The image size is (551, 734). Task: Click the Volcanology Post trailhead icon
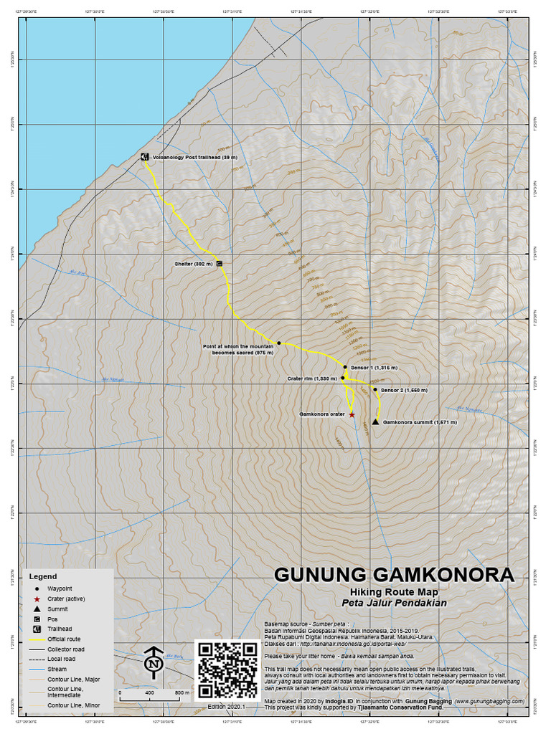pos(144,157)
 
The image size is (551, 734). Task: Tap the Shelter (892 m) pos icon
pos(219,264)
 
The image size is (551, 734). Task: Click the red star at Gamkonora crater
pos(352,414)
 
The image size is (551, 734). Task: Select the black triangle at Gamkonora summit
pos(375,422)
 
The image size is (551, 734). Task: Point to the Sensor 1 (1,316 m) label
pos(374,367)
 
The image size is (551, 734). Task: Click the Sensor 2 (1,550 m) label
pos(404,391)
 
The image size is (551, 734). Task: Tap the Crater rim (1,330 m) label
pos(312,378)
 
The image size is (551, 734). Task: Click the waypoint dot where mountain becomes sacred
pos(279,343)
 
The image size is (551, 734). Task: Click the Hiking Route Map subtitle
pos(394,592)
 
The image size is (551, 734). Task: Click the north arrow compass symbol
pos(153,663)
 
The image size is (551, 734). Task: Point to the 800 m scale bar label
pos(182,693)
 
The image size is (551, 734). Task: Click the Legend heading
pos(42,576)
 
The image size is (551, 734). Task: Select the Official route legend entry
pos(65,639)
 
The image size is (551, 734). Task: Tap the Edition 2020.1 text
pos(227,707)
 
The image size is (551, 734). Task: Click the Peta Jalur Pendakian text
pos(394,603)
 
